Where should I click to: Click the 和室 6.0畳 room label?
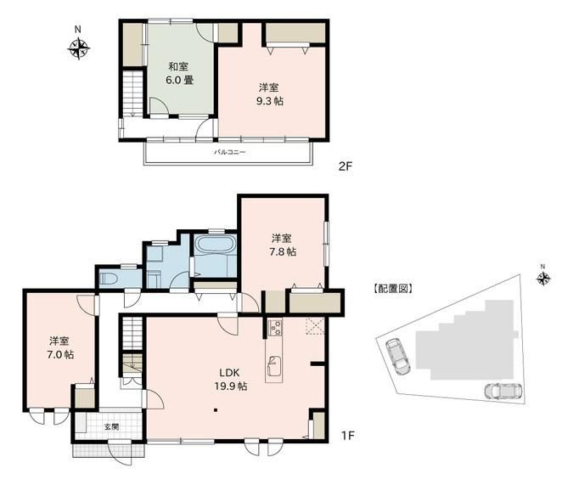[x=180, y=73]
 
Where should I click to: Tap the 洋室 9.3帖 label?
[x=269, y=94]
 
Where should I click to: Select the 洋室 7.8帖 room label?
[x=283, y=245]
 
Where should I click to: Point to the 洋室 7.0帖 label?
[x=60, y=347]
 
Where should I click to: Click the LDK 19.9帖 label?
[x=230, y=380]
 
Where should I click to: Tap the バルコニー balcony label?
[x=230, y=152]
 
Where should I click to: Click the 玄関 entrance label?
[x=111, y=427]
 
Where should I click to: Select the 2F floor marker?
[x=346, y=166]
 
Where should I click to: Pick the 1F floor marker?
[x=348, y=436]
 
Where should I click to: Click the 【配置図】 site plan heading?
[x=393, y=289]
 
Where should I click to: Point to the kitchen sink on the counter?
[x=273, y=366]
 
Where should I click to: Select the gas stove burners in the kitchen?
[x=276, y=327]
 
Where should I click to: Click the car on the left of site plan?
[x=397, y=357]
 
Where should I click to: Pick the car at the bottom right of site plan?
[x=503, y=391]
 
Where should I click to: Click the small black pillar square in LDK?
[x=216, y=409]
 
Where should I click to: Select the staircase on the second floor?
[x=133, y=93]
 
